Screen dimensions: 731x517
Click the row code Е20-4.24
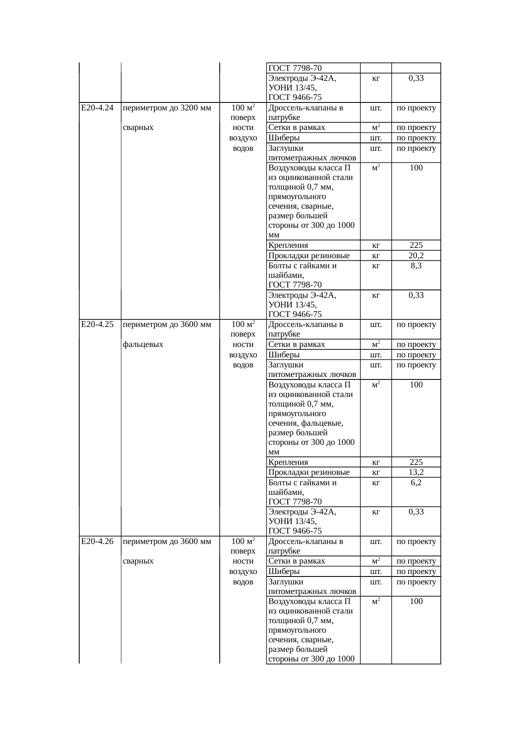click(x=97, y=108)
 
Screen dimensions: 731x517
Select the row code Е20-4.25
click(x=97, y=324)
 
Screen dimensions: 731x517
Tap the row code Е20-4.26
click(x=97, y=541)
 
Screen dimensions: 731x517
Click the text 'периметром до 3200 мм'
click(x=167, y=108)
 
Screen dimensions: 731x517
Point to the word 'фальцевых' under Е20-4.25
click(x=143, y=344)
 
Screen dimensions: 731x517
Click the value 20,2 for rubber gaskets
click(x=416, y=255)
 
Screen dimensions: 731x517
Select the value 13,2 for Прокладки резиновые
click(x=416, y=472)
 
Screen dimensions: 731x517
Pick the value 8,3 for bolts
click(x=416, y=265)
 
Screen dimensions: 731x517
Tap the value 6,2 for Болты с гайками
click(x=416, y=482)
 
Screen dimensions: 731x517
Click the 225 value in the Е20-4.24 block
click(x=416, y=245)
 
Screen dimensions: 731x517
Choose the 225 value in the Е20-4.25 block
click(x=416, y=462)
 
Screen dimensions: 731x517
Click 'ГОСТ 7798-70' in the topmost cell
click(x=295, y=68)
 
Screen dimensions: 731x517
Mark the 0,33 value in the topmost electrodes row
click(x=416, y=78)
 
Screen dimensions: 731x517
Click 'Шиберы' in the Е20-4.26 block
click(x=284, y=571)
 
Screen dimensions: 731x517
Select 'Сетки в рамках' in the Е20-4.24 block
click(x=296, y=127)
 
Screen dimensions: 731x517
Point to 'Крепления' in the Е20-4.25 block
click(x=288, y=462)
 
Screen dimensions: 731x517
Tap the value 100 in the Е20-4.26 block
click(x=416, y=601)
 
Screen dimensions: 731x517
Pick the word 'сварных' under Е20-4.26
click(x=138, y=561)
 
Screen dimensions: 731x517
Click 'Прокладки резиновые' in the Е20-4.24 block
click(x=309, y=255)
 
